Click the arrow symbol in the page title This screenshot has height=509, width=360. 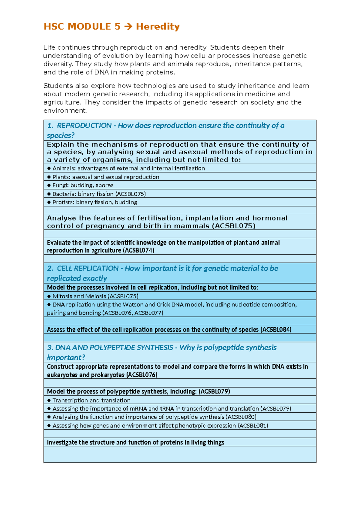click(x=128, y=27)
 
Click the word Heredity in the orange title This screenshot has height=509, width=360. click(x=158, y=27)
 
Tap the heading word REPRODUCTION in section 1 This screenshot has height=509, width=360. click(x=84, y=125)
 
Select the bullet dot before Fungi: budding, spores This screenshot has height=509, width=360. click(x=49, y=185)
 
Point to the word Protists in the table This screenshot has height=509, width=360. click(x=63, y=202)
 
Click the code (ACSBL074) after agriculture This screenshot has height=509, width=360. click(x=138, y=250)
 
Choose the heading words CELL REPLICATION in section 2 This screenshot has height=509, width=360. click(x=88, y=268)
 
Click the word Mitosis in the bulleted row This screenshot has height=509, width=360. click(x=62, y=296)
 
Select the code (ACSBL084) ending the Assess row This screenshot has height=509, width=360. click(x=276, y=330)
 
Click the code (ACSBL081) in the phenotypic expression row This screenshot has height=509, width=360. click(x=253, y=426)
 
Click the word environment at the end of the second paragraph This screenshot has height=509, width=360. click(x=65, y=111)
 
